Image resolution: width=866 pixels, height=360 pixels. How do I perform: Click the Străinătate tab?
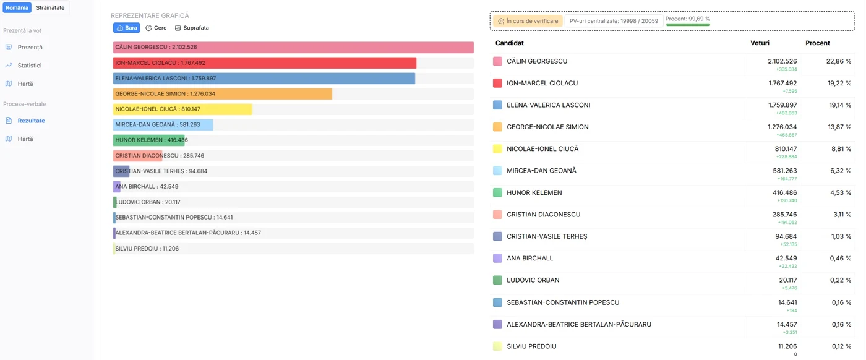(x=50, y=8)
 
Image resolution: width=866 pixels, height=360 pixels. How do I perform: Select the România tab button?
(x=17, y=8)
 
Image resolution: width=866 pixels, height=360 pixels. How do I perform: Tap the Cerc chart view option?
(x=156, y=28)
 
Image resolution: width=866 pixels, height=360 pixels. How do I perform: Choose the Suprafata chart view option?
(x=192, y=28)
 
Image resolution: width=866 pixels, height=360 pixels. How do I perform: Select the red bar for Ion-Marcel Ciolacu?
(x=265, y=62)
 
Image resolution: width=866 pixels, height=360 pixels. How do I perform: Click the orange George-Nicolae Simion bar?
(x=222, y=93)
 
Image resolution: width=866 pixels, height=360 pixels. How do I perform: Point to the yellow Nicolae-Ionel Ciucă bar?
(x=182, y=109)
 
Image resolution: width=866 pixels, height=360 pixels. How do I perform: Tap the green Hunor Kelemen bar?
(x=149, y=140)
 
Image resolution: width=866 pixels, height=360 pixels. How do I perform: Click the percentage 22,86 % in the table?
(x=839, y=61)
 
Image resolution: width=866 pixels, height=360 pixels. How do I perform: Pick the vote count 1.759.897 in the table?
(x=782, y=105)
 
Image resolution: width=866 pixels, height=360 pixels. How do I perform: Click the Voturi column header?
(x=760, y=43)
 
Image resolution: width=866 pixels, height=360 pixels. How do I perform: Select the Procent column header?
(x=818, y=43)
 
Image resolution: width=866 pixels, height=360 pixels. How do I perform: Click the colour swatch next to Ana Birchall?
(x=497, y=259)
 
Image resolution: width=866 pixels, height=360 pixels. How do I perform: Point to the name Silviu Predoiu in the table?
(x=531, y=346)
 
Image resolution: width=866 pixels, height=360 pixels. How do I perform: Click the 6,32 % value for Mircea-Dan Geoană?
(x=841, y=171)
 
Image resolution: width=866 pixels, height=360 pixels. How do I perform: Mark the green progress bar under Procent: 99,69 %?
(x=688, y=25)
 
